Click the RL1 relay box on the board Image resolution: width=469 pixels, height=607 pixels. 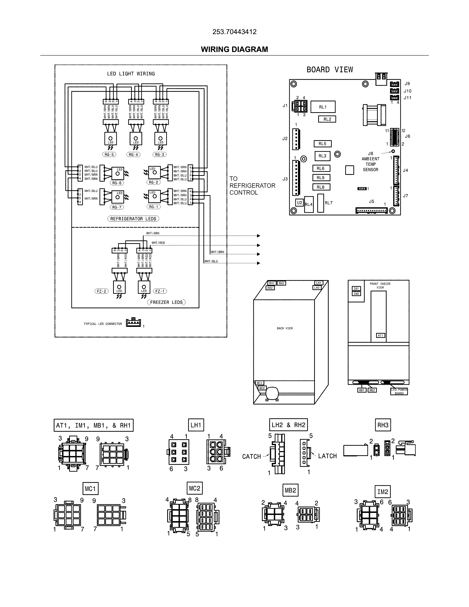(x=323, y=107)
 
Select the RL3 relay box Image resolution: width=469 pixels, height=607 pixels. (x=322, y=156)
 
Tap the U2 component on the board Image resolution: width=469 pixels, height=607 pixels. (x=299, y=203)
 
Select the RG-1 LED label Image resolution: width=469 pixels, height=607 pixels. (x=153, y=207)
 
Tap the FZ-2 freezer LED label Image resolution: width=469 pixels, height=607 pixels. (x=101, y=291)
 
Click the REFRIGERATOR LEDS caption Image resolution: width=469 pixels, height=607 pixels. (x=133, y=219)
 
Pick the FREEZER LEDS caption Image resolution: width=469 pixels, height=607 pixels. (x=166, y=302)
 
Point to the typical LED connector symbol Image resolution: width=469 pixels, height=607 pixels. (x=133, y=323)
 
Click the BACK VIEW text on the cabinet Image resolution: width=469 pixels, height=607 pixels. (x=285, y=328)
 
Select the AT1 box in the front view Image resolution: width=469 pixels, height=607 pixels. (x=380, y=336)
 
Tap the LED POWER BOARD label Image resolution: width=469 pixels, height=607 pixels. (x=399, y=391)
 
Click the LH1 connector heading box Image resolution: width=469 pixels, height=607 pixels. (x=196, y=425)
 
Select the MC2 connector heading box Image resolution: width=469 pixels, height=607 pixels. (x=194, y=488)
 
